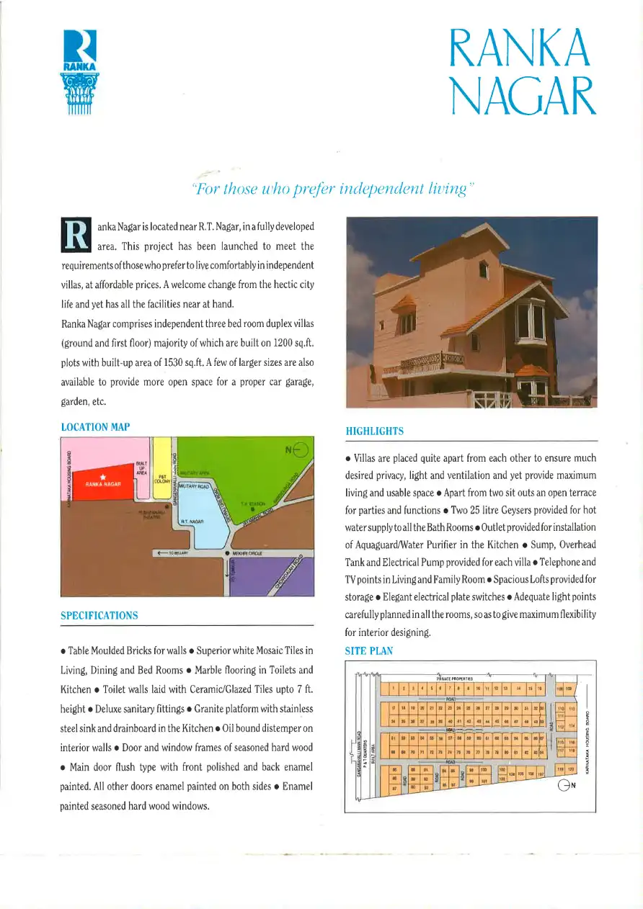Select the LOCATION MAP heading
tap(96, 427)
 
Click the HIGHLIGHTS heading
tap(375, 431)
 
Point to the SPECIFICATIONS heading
tap(99, 616)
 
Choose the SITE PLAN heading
tap(370, 651)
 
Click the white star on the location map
tap(105, 478)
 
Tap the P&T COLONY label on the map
tap(163, 478)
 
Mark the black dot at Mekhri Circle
tap(229, 553)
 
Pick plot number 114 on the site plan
tap(572, 726)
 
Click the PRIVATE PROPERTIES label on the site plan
tap(455, 678)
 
